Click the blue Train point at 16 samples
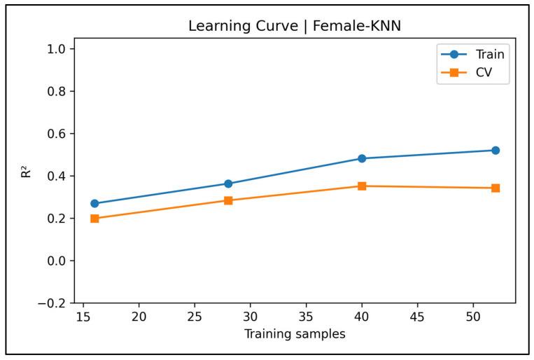click(x=94, y=204)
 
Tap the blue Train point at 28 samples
click(x=228, y=184)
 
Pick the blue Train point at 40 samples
click(x=362, y=158)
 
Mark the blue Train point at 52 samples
click(x=496, y=151)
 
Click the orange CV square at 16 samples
click(x=94, y=219)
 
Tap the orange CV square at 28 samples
click(x=228, y=200)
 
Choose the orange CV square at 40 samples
click(x=362, y=186)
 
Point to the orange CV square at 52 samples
click(x=496, y=188)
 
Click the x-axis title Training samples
click(x=295, y=334)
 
